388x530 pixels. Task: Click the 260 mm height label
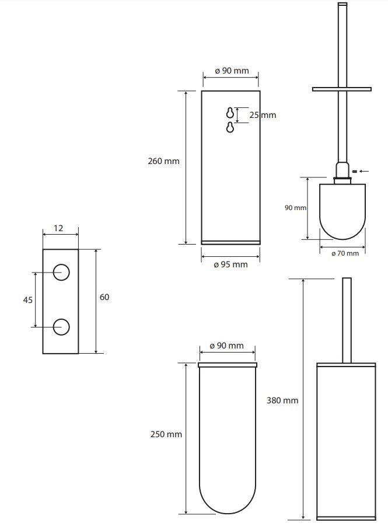coord(163,161)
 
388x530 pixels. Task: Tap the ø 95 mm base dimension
coord(231,264)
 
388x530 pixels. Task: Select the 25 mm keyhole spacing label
coord(263,115)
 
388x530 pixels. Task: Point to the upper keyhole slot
coord(230,113)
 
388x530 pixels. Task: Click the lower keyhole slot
coord(230,127)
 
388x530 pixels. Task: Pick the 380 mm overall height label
coord(282,400)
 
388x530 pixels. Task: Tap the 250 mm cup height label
coord(166,434)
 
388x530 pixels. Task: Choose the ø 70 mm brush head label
coord(345,253)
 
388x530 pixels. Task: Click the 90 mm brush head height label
coord(295,208)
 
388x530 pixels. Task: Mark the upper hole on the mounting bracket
coord(61,273)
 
